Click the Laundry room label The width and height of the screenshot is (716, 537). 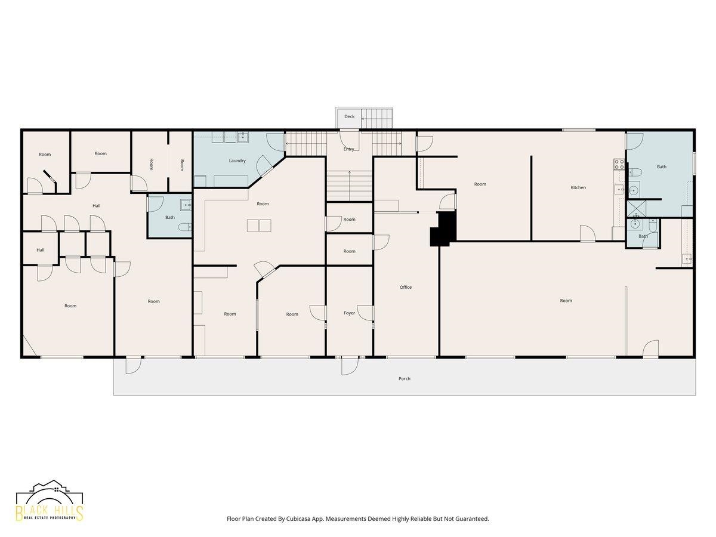pyautogui.click(x=237, y=161)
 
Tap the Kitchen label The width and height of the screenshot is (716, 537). pyautogui.click(x=578, y=187)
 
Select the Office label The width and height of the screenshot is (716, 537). pyautogui.click(x=406, y=287)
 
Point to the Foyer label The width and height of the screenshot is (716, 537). pyautogui.click(x=349, y=313)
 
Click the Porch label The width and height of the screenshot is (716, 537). pyautogui.click(x=404, y=378)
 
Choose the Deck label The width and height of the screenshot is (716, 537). pyautogui.click(x=350, y=116)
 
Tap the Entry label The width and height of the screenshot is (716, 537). pyautogui.click(x=348, y=149)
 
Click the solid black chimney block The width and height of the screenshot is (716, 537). pyautogui.click(x=443, y=229)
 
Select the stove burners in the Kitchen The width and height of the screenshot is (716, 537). pyautogui.click(x=619, y=164)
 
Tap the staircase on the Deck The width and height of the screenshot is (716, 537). pyautogui.click(x=376, y=118)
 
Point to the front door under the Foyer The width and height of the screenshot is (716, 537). pyautogui.click(x=350, y=366)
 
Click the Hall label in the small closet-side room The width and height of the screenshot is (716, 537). pyautogui.click(x=41, y=250)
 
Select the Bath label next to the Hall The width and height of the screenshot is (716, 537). pyautogui.click(x=170, y=217)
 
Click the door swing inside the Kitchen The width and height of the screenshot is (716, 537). pyautogui.click(x=588, y=233)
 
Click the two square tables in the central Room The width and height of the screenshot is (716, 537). pyautogui.click(x=259, y=226)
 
